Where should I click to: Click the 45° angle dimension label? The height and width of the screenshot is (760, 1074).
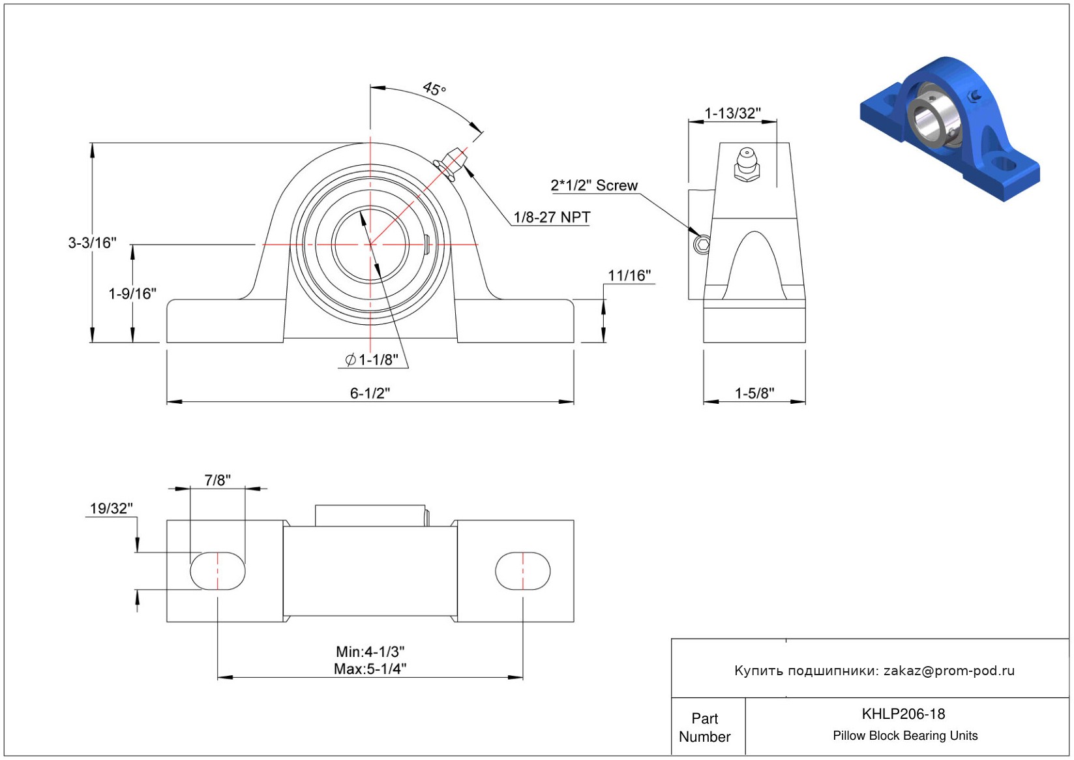tap(434, 89)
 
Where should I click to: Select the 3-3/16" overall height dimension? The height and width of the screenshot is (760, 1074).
tap(92, 243)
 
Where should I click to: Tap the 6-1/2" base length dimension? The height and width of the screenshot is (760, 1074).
tap(370, 393)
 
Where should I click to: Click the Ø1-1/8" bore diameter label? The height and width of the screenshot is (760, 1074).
tap(372, 359)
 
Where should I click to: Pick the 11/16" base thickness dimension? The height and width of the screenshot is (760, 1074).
tap(629, 275)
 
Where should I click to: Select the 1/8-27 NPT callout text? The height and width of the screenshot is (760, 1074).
tap(552, 217)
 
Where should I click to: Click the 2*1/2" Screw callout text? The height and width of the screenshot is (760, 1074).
tap(594, 185)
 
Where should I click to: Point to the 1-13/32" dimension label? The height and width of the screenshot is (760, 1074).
tap(732, 114)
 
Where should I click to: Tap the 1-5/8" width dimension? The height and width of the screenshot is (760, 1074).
tap(754, 393)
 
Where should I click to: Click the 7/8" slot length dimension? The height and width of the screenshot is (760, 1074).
tap(217, 479)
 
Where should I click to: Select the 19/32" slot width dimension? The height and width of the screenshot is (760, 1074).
tap(112, 508)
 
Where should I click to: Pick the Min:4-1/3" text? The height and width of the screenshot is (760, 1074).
tap(370, 652)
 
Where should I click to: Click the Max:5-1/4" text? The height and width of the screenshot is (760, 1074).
tap(370, 669)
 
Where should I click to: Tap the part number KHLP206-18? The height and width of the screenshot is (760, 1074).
tap(903, 714)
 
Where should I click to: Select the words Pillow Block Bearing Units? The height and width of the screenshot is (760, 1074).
tap(904, 735)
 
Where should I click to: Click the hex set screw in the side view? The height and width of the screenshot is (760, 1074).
tap(702, 245)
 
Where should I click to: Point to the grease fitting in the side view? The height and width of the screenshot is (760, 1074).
tap(747, 164)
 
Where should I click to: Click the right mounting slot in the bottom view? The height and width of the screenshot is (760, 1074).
tap(522, 571)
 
